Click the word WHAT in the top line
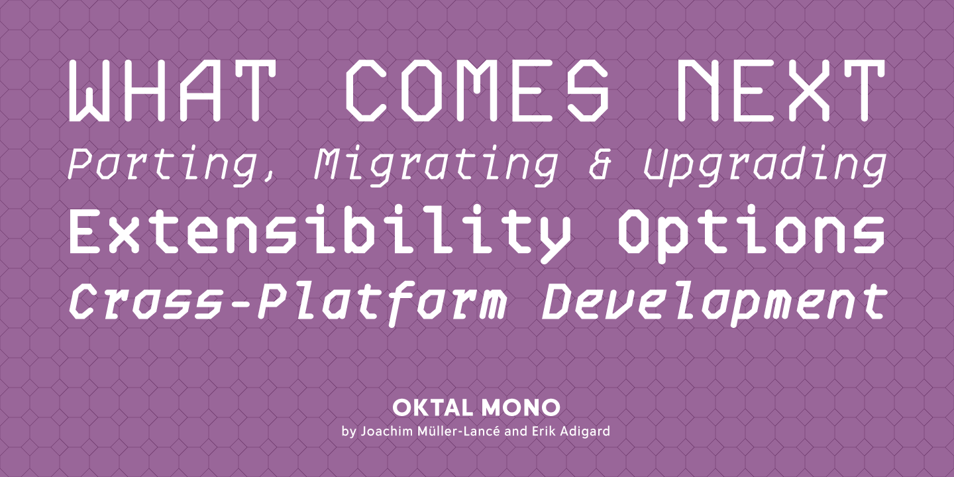tap(170, 90)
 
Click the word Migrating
tap(435, 166)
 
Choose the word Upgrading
tap(765, 166)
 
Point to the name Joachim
tap(387, 431)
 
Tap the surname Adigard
tap(585, 432)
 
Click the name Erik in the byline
tap(543, 431)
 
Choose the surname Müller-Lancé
tap(459, 431)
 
